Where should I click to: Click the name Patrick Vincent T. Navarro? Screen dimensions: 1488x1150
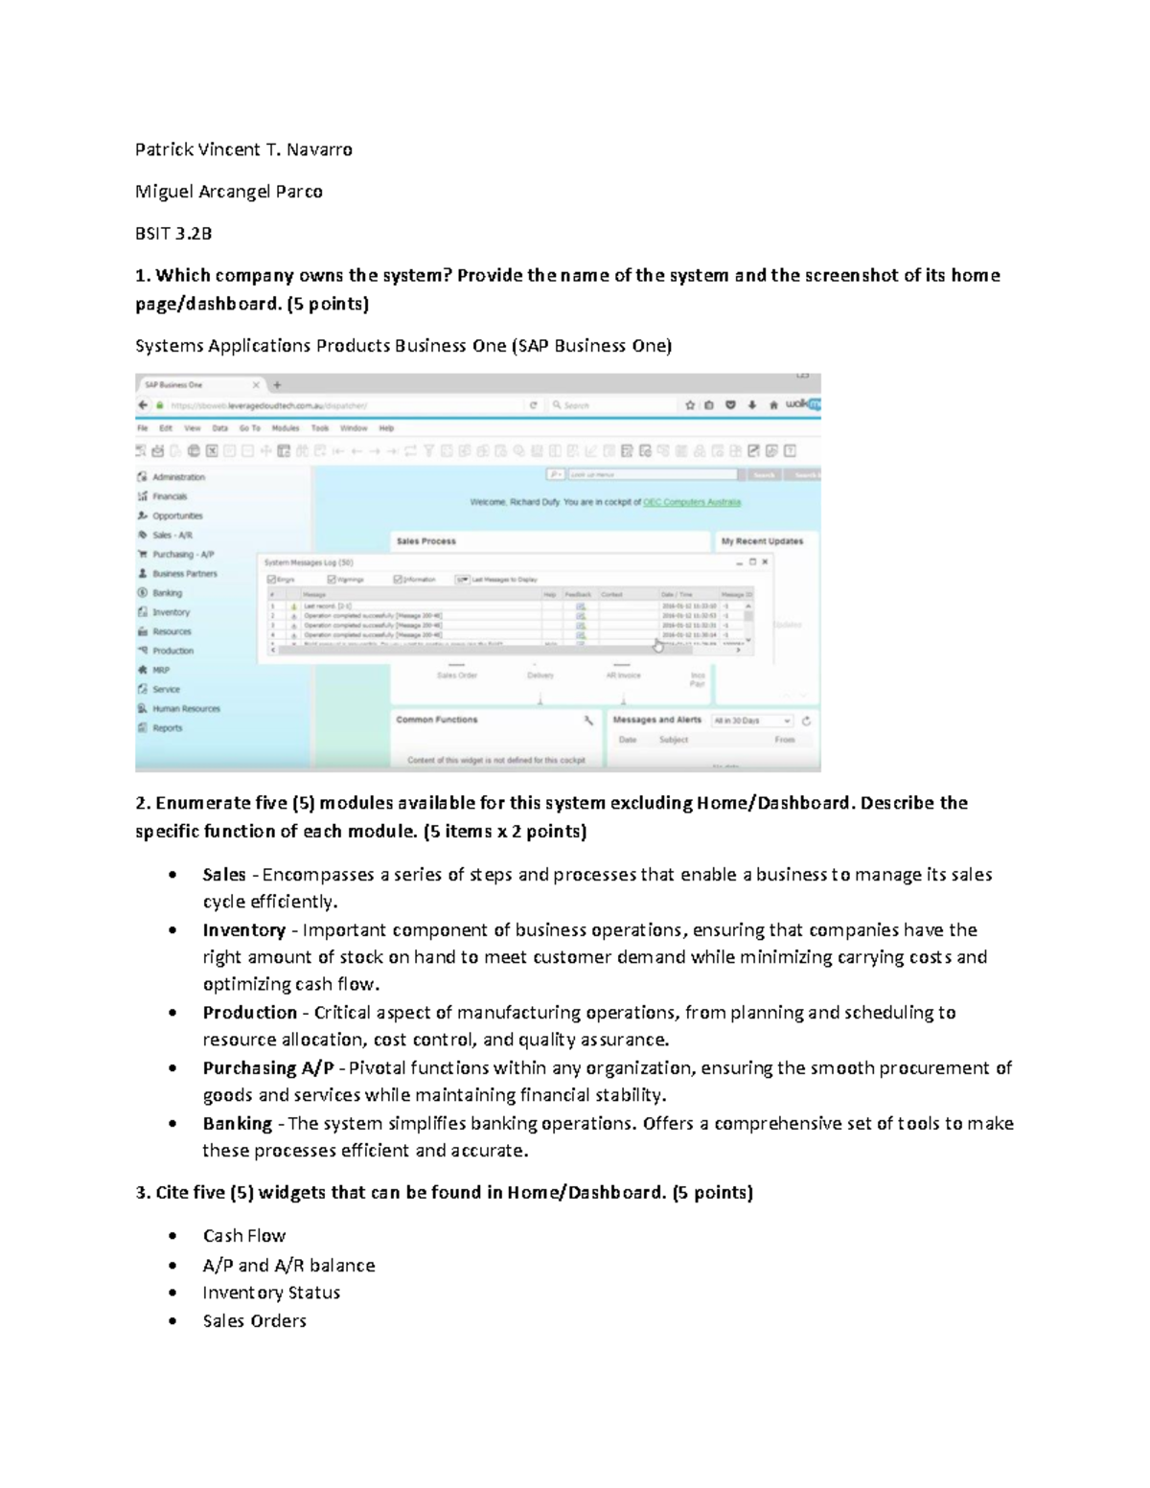pos(243,149)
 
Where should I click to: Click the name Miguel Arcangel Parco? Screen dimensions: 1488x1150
pos(228,192)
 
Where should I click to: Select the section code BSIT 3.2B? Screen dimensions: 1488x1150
pos(173,233)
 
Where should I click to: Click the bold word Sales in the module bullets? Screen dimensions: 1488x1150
pos(224,874)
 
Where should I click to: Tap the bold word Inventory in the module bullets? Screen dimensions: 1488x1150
pos(243,929)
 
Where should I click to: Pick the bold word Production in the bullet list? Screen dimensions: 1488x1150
pos(249,1012)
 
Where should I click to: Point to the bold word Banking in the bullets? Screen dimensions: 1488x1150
pos(237,1123)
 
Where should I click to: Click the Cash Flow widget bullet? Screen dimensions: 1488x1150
pos(243,1236)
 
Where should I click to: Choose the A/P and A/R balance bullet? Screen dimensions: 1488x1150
pos(288,1265)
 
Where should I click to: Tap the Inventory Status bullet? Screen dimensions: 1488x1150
pos(271,1293)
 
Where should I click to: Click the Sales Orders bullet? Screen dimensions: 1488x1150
pos(254,1320)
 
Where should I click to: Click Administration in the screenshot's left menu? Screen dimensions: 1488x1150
pos(178,477)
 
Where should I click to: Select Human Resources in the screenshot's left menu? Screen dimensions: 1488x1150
pos(186,709)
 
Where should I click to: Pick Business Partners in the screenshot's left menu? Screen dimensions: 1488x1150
pos(184,574)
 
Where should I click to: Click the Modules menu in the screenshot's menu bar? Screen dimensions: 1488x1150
pos(286,428)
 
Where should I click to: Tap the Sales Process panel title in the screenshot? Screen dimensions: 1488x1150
pos(426,541)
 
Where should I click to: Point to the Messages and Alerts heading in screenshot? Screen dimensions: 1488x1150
pos(656,720)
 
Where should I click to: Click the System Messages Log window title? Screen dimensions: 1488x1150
pos(309,562)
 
